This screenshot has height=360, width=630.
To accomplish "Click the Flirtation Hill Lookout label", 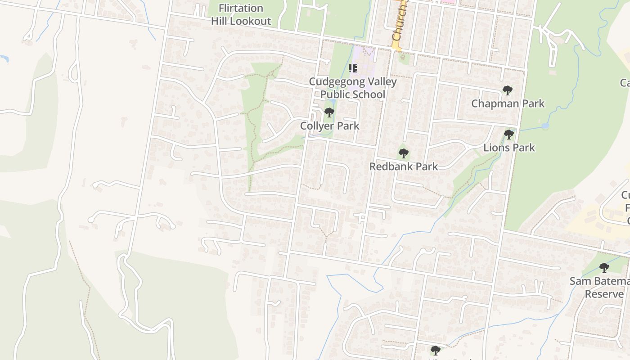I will pyautogui.click(x=241, y=14).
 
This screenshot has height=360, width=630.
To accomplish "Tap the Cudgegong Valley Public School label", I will pyautogui.click(x=352, y=88).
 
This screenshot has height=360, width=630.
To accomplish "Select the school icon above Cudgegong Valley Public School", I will pyautogui.click(x=353, y=68).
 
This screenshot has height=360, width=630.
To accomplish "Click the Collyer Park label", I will pyautogui.click(x=329, y=126).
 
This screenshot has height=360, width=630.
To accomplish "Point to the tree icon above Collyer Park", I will pyautogui.click(x=329, y=112).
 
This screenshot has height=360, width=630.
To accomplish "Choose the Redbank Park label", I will pyautogui.click(x=403, y=166).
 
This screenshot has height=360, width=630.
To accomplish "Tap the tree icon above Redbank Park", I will pyautogui.click(x=404, y=153).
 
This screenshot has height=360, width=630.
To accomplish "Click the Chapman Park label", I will pyautogui.click(x=508, y=103).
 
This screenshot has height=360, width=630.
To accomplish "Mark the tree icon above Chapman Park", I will pyautogui.click(x=508, y=90).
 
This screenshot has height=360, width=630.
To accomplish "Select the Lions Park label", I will pyautogui.click(x=509, y=148).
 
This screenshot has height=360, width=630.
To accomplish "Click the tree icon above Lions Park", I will pyautogui.click(x=508, y=134).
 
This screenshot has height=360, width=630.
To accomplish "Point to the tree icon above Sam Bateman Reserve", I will pyautogui.click(x=604, y=268).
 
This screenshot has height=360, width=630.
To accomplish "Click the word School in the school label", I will pyautogui.click(x=369, y=94).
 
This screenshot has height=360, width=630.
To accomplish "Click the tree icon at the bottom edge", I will pyautogui.click(x=435, y=350).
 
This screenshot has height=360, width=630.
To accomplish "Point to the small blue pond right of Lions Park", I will pyautogui.click(x=545, y=126).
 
